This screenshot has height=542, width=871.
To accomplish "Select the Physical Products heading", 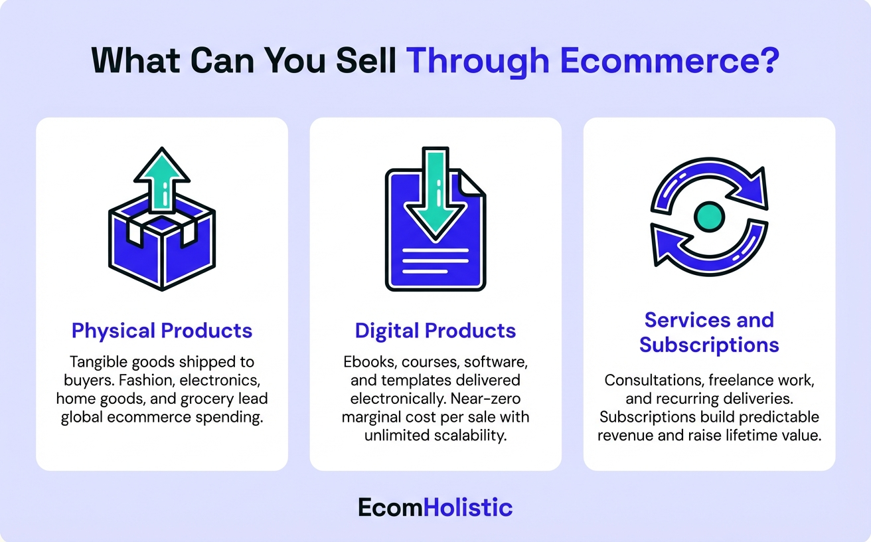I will (x=162, y=331).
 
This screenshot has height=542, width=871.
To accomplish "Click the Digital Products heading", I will (x=435, y=331).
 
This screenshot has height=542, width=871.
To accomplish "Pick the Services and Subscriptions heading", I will (x=709, y=332).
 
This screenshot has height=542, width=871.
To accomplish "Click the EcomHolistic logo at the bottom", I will (x=435, y=507).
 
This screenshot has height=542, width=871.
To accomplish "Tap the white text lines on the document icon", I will (x=435, y=260).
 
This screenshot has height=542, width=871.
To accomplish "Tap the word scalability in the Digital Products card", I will (x=468, y=436).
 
